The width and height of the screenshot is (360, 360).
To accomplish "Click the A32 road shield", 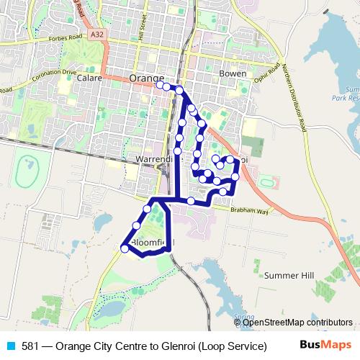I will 98,34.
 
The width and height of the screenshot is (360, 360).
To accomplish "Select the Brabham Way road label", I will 251,211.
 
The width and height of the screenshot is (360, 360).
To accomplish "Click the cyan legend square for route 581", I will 12,346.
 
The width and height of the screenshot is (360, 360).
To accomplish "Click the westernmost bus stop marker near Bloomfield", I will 125,248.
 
